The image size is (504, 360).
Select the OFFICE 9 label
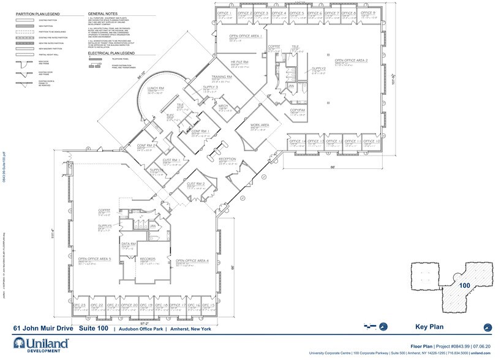click(368, 12)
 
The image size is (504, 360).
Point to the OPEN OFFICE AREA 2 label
click(351, 61)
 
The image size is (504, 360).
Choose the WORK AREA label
click(260, 125)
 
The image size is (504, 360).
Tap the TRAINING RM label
click(221, 77)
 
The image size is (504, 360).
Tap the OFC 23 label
click(79, 304)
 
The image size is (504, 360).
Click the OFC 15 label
click(208, 304)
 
